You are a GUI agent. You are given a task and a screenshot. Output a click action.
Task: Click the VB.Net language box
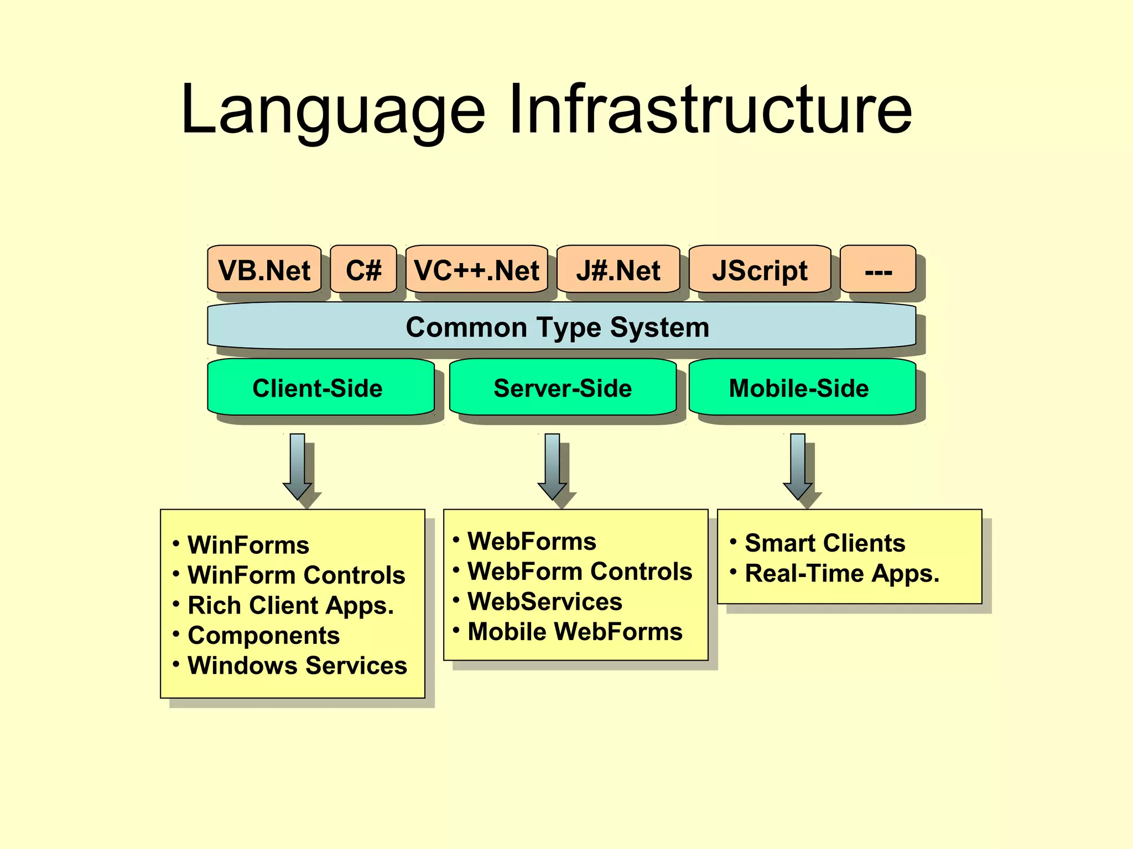(x=264, y=270)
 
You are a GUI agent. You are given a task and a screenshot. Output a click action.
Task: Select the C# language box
(x=363, y=270)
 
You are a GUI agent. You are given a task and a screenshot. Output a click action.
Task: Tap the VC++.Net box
(x=476, y=270)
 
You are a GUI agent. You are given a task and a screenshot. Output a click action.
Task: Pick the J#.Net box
(x=618, y=270)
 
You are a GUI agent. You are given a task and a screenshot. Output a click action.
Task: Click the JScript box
(x=760, y=270)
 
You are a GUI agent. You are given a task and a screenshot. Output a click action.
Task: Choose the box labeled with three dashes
(x=878, y=270)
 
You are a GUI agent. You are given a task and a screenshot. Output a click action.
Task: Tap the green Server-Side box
(x=563, y=387)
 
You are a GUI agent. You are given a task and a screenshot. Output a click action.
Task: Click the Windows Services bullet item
(x=297, y=665)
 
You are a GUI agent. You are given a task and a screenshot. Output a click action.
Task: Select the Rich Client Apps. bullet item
(x=290, y=605)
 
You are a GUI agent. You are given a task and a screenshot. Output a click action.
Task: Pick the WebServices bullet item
(x=544, y=601)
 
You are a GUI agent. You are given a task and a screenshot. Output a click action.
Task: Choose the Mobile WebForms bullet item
(x=575, y=632)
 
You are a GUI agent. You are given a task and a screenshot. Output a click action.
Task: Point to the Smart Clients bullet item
(x=824, y=543)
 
